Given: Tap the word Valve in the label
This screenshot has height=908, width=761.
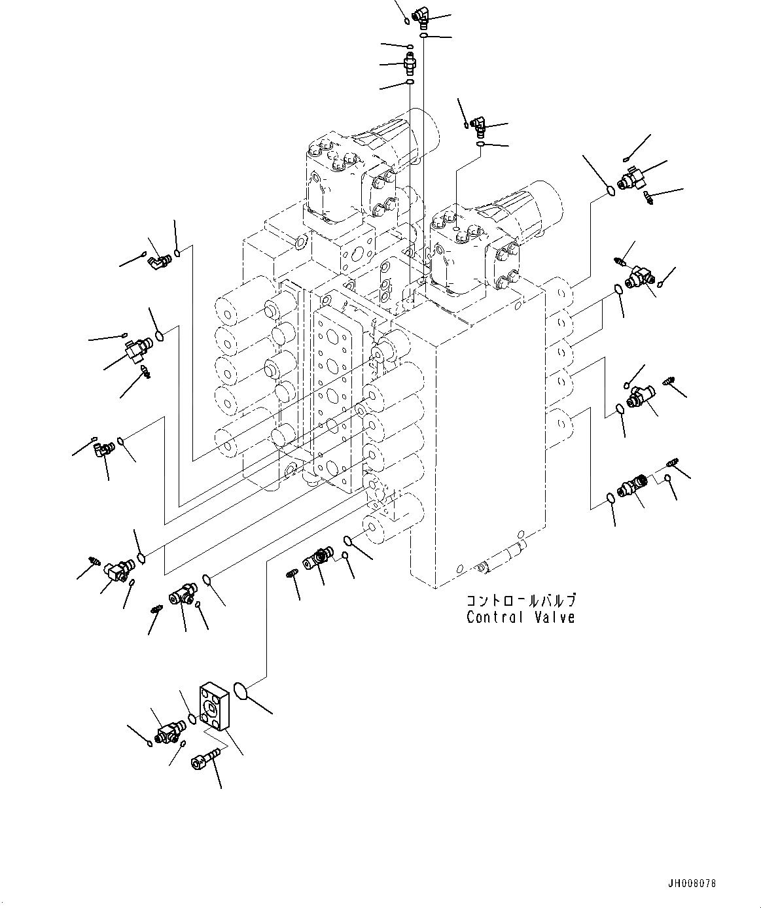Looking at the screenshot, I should (554, 617).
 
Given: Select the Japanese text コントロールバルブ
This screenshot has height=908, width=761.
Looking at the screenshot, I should (521, 601).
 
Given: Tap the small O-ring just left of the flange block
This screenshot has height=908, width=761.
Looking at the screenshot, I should (191, 718).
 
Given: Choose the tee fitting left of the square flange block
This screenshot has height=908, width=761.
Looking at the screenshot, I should (168, 731).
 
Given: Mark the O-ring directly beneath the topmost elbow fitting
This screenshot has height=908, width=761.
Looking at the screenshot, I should (425, 35).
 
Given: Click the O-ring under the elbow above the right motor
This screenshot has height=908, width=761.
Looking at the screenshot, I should (481, 144).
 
